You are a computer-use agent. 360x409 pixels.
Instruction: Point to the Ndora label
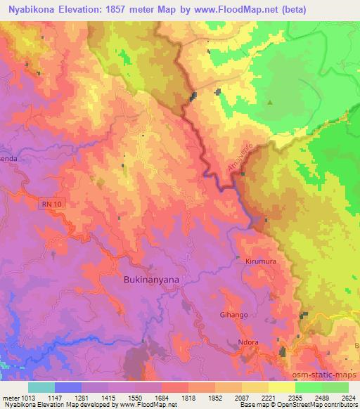247,342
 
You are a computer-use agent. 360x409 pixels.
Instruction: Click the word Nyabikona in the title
33,9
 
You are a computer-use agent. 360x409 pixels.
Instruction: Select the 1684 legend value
161,398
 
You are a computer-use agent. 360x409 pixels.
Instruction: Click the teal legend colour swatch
41,387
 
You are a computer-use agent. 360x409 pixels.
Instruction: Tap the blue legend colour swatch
68,387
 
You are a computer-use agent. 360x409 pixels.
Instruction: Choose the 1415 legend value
108,398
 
